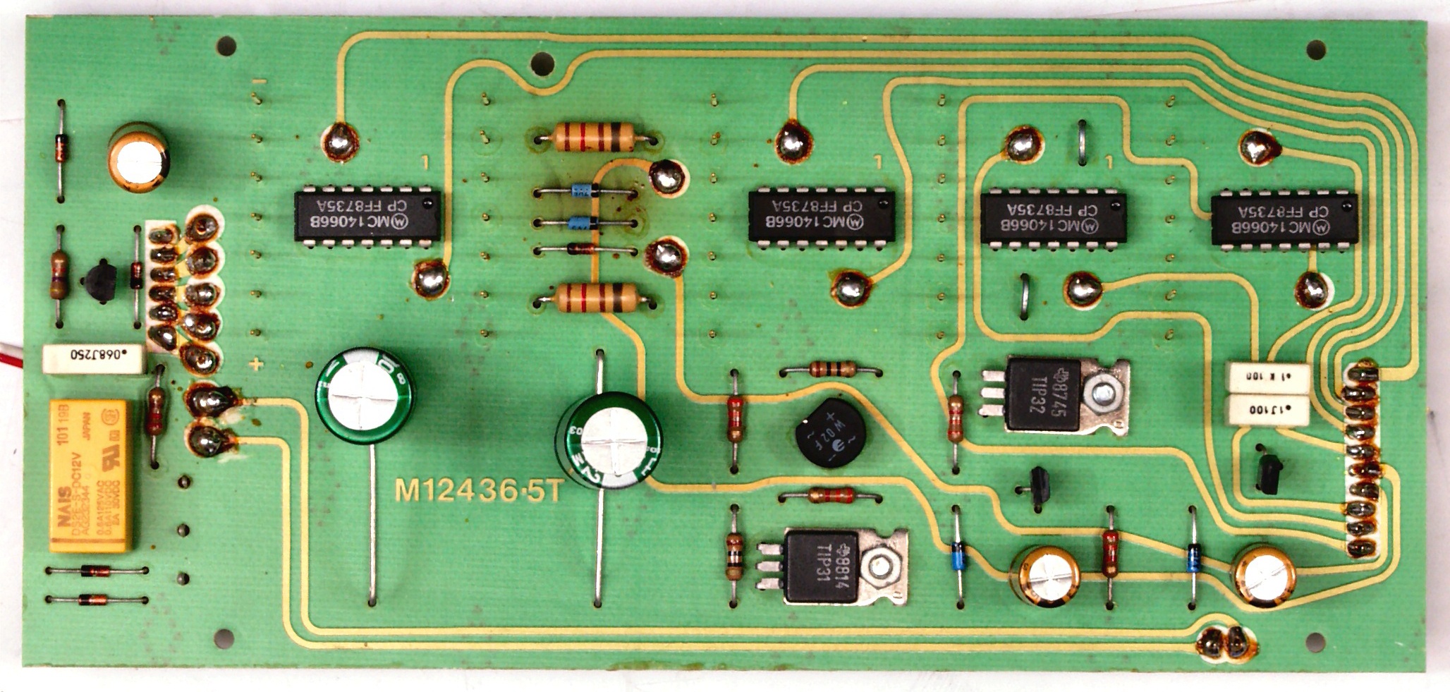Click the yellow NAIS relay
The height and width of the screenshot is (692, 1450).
89,475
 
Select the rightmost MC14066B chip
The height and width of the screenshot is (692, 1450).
1284,219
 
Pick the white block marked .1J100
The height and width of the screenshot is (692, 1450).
1269,409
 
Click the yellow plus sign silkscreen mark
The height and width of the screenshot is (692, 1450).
257,365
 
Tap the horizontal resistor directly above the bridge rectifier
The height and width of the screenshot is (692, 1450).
832,369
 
